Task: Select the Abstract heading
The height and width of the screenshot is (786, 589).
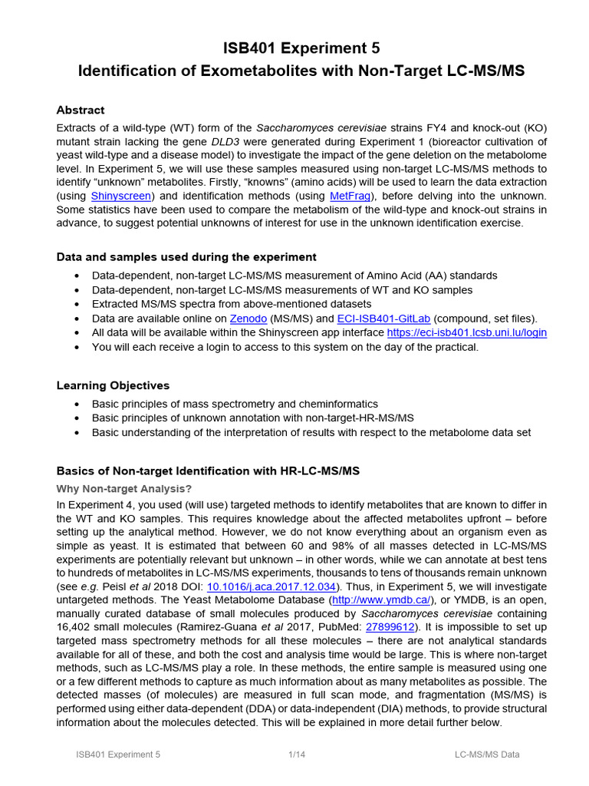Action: (x=81, y=111)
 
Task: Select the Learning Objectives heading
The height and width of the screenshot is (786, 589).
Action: (x=114, y=385)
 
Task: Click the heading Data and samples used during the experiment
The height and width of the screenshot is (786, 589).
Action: (x=186, y=256)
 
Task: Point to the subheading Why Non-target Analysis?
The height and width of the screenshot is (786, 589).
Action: (x=124, y=488)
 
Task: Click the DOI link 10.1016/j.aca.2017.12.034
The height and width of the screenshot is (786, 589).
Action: (x=271, y=586)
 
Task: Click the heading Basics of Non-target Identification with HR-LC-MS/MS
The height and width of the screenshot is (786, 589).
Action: (x=208, y=470)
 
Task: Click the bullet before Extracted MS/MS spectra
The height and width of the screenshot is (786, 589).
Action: (x=77, y=305)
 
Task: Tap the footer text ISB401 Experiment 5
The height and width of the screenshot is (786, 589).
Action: (x=118, y=755)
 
